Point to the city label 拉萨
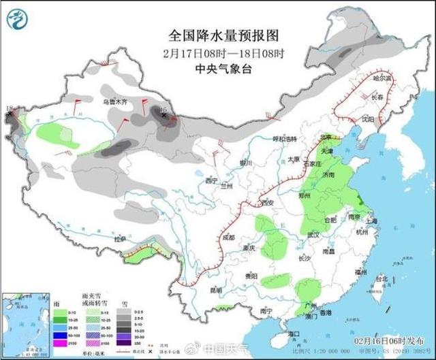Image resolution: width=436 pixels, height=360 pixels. click(121, 240)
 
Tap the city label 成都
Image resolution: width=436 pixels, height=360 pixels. click(228, 238)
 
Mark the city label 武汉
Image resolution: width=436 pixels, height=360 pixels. click(313, 234)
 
